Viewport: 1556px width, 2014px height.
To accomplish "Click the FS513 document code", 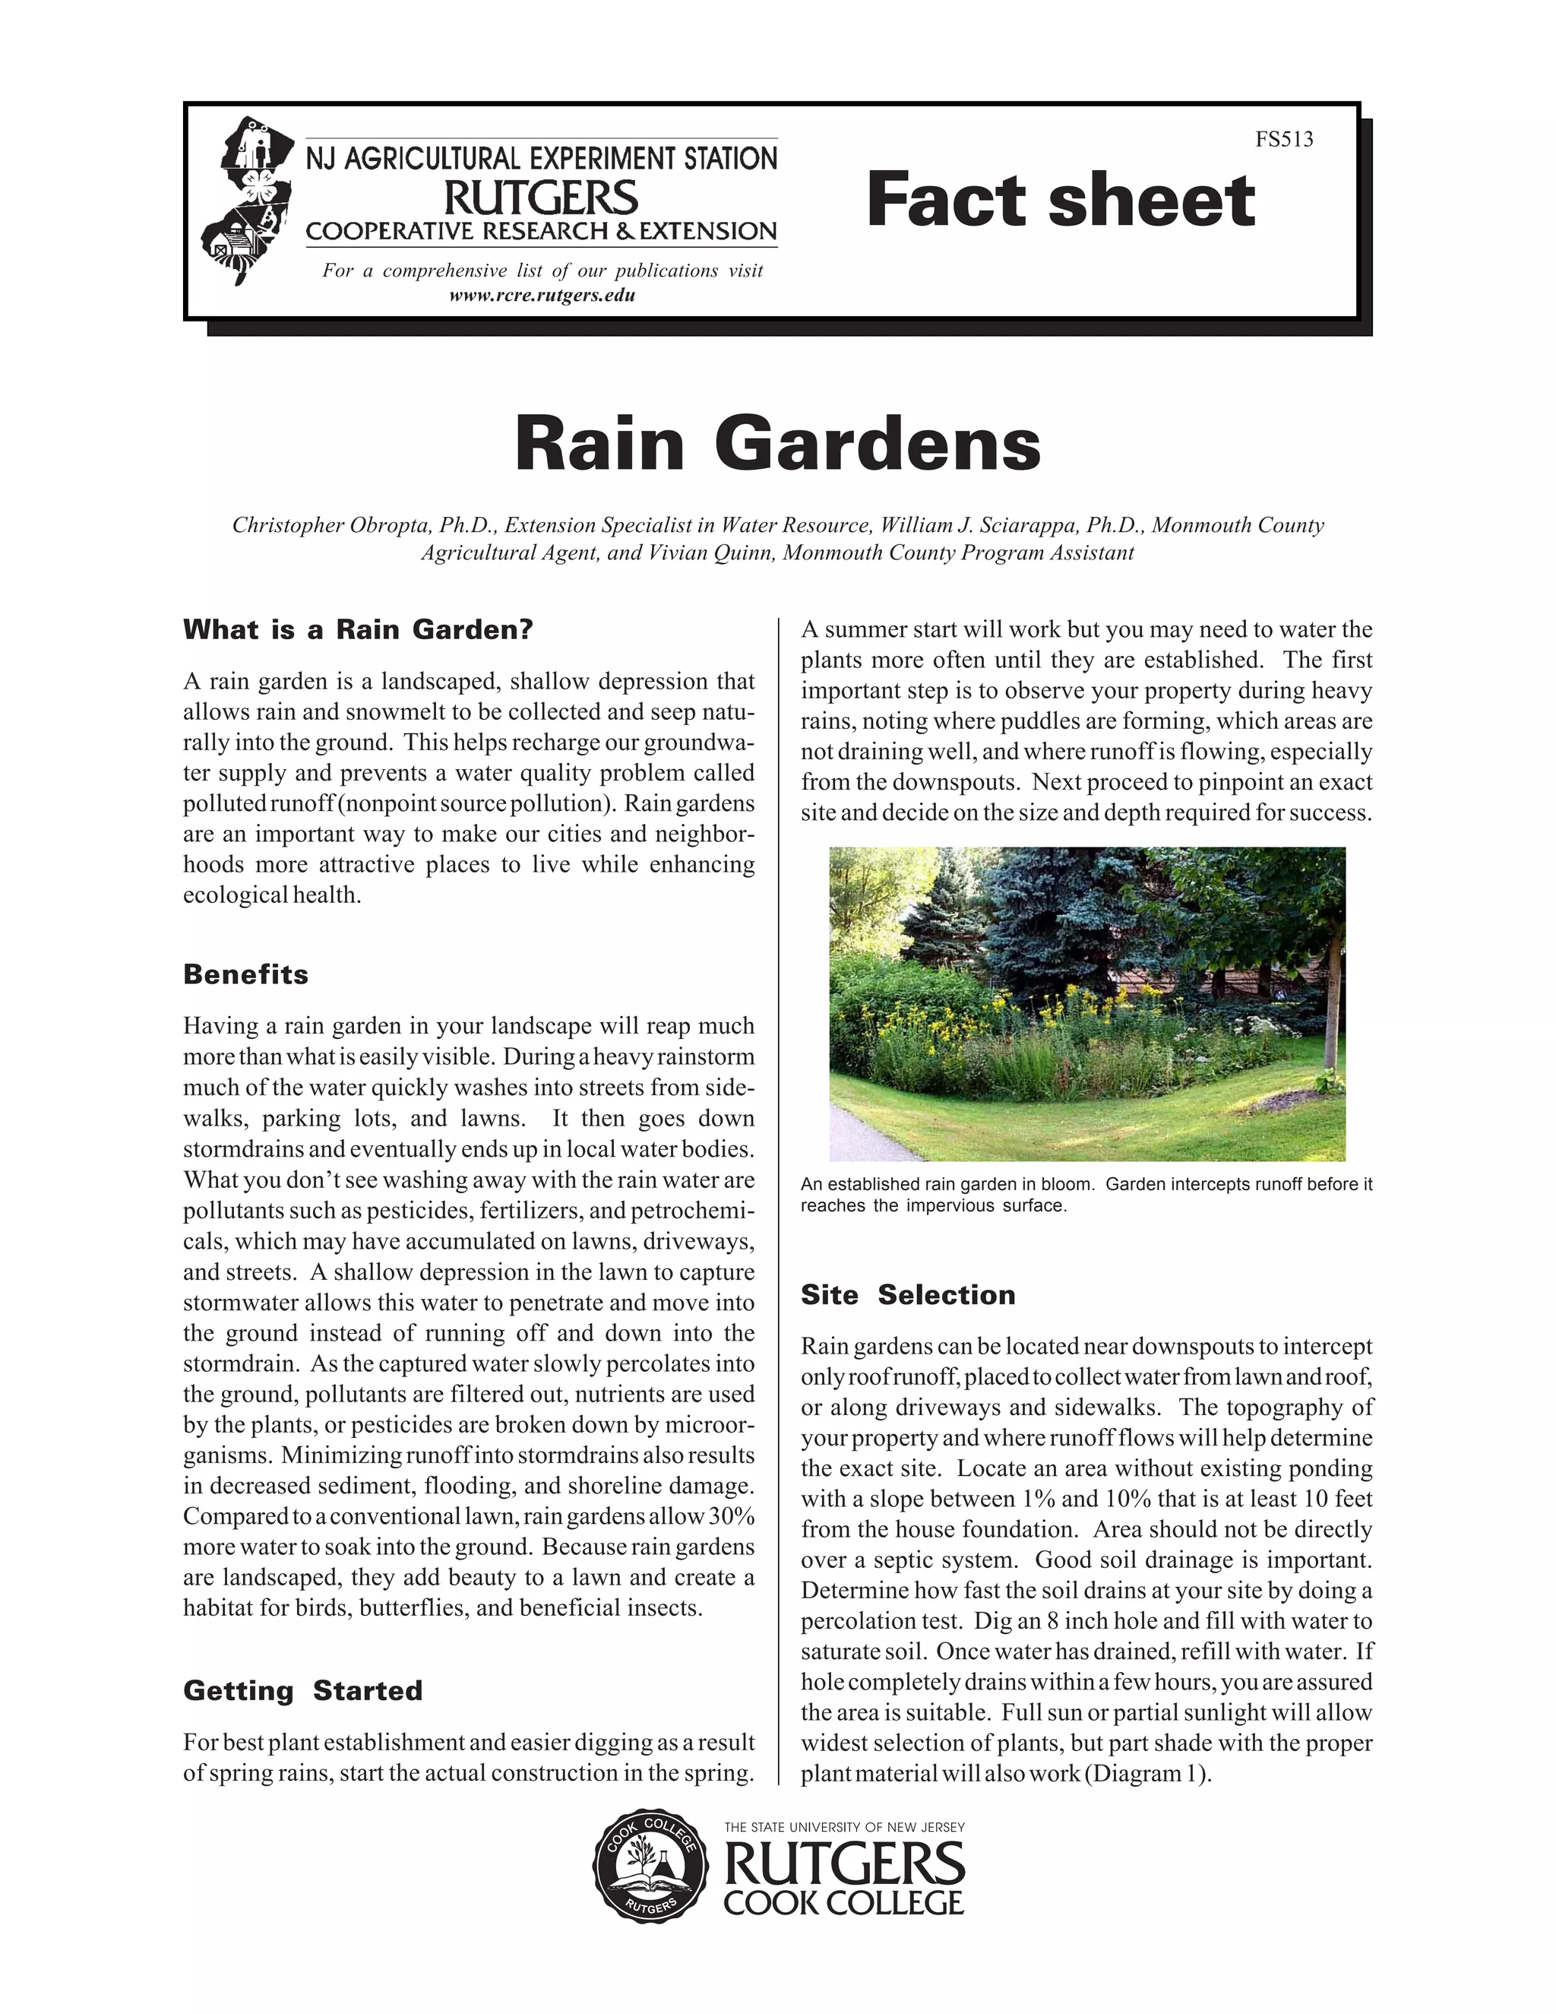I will pyautogui.click(x=1283, y=139).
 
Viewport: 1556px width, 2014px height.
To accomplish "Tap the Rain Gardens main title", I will pyautogui.click(x=777, y=445).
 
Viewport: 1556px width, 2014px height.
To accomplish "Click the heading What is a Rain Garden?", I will pyautogui.click(x=358, y=630).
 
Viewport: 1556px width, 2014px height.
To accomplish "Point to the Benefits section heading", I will pyautogui.click(x=245, y=975).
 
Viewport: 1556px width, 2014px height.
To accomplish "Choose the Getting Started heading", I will pyautogui.click(x=302, y=1690).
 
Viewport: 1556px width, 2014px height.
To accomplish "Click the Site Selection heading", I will pyautogui.click(x=907, y=1295).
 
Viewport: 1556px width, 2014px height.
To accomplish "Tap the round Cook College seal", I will pyautogui.click(x=650, y=1877).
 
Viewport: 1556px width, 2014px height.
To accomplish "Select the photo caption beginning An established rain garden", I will pyautogui.click(x=1086, y=1194).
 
